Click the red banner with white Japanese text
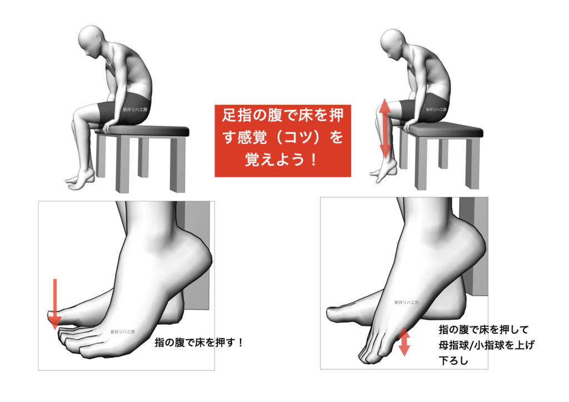tap(283, 140)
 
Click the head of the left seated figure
tap(91, 41)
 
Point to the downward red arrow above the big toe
tap(55, 304)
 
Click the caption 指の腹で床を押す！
tap(198, 342)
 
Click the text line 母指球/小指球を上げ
tap(486, 345)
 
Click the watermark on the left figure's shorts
tap(135, 109)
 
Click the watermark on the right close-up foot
tap(406, 302)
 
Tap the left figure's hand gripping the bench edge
tap(107, 128)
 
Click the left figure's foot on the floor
tap(81, 180)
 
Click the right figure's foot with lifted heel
tap(384, 170)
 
